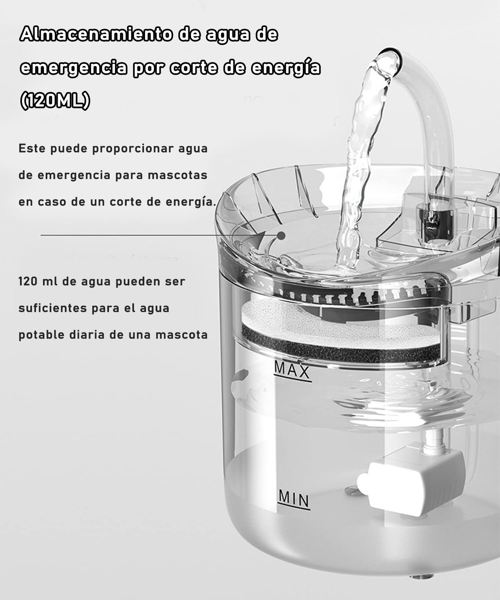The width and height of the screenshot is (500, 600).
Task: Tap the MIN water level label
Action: [x=294, y=499]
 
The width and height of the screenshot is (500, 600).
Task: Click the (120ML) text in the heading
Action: [x=55, y=101]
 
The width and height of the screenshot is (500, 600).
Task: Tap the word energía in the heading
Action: [x=285, y=68]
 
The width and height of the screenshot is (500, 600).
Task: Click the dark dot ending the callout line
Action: [x=282, y=236]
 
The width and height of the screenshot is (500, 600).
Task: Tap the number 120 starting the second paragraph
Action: [x=28, y=281]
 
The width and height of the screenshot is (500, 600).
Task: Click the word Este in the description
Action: [x=32, y=148]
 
